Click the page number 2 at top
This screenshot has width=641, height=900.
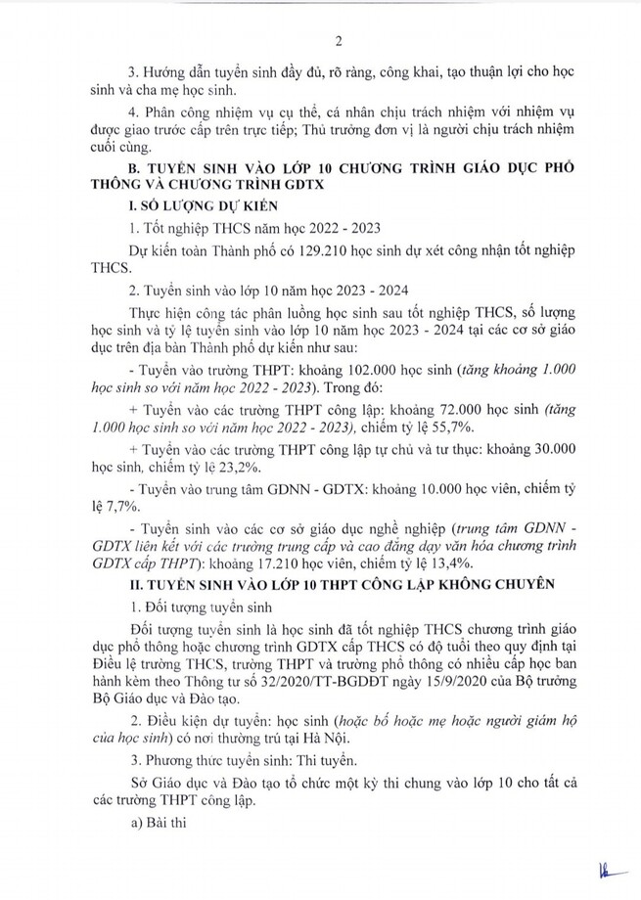coord(338,40)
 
